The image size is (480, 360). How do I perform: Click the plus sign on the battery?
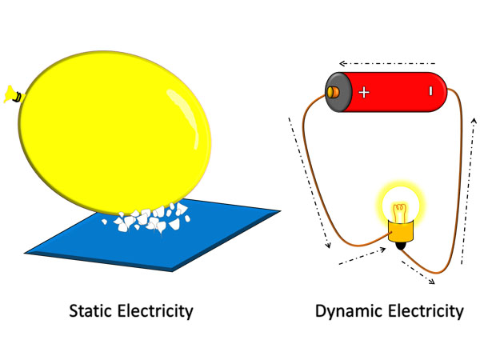[364, 92]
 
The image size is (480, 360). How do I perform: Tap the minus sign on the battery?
[430, 92]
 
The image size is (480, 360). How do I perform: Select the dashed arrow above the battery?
[385, 62]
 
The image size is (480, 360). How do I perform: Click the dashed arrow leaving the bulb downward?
[418, 270]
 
